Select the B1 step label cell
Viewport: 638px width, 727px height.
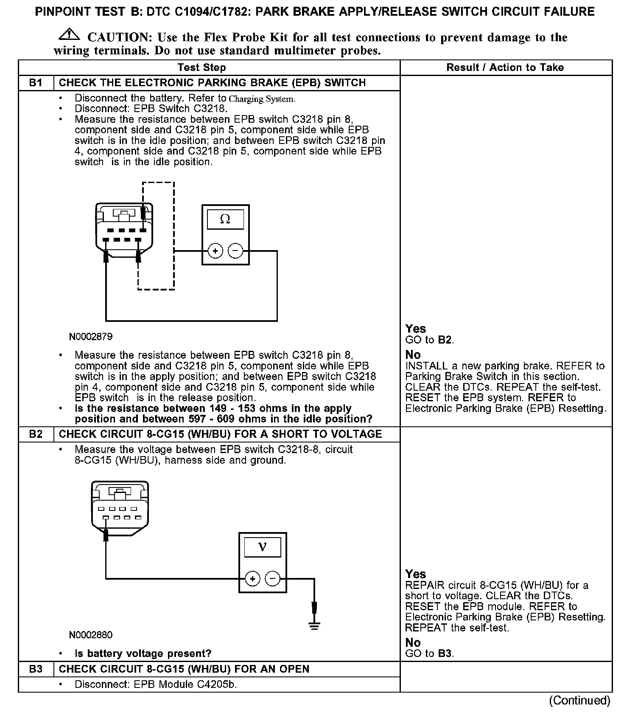(36, 83)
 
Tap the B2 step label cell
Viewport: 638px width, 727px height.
(36, 434)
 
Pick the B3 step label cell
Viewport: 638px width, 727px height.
(36, 669)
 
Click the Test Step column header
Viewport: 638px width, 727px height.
(201, 68)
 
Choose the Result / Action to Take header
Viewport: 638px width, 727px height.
(505, 68)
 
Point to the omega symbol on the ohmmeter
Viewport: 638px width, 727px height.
(225, 219)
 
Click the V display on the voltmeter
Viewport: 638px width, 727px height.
(262, 547)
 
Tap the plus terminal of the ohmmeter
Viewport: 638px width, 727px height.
(215, 251)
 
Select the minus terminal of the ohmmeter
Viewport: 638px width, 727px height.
(235, 251)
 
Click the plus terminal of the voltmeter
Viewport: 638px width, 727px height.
(252, 578)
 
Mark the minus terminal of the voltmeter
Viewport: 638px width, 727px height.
(272, 578)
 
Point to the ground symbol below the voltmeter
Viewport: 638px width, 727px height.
(314, 626)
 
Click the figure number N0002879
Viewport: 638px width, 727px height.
(91, 337)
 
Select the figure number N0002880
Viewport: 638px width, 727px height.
(91, 635)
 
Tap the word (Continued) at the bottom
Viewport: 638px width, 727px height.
(579, 700)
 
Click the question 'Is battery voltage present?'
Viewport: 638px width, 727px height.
(143, 653)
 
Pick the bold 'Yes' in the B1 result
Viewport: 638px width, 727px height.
(415, 329)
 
